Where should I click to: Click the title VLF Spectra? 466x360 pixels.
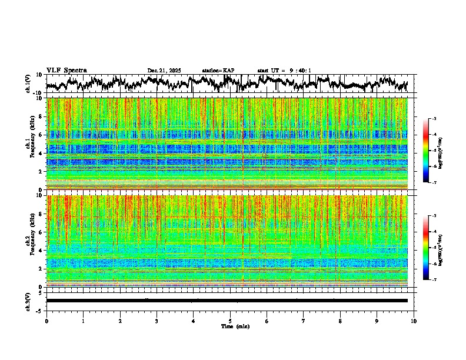(66, 70)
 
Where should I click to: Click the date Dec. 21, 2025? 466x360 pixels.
(164, 71)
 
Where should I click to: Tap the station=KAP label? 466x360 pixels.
(218, 71)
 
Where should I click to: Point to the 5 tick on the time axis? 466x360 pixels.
(230, 321)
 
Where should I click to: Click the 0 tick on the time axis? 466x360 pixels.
(46, 321)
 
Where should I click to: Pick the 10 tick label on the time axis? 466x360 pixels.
(414, 321)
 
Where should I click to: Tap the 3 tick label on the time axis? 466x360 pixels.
(157, 321)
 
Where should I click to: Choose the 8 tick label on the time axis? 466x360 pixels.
(340, 321)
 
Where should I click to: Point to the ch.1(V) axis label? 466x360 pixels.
(29, 84)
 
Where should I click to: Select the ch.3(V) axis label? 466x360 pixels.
(29, 301)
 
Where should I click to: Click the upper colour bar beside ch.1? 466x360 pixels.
(426, 151)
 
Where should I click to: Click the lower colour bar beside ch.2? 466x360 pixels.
(426, 248)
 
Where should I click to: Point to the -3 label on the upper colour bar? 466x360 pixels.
(434, 119)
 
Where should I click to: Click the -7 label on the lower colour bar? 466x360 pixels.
(434, 280)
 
